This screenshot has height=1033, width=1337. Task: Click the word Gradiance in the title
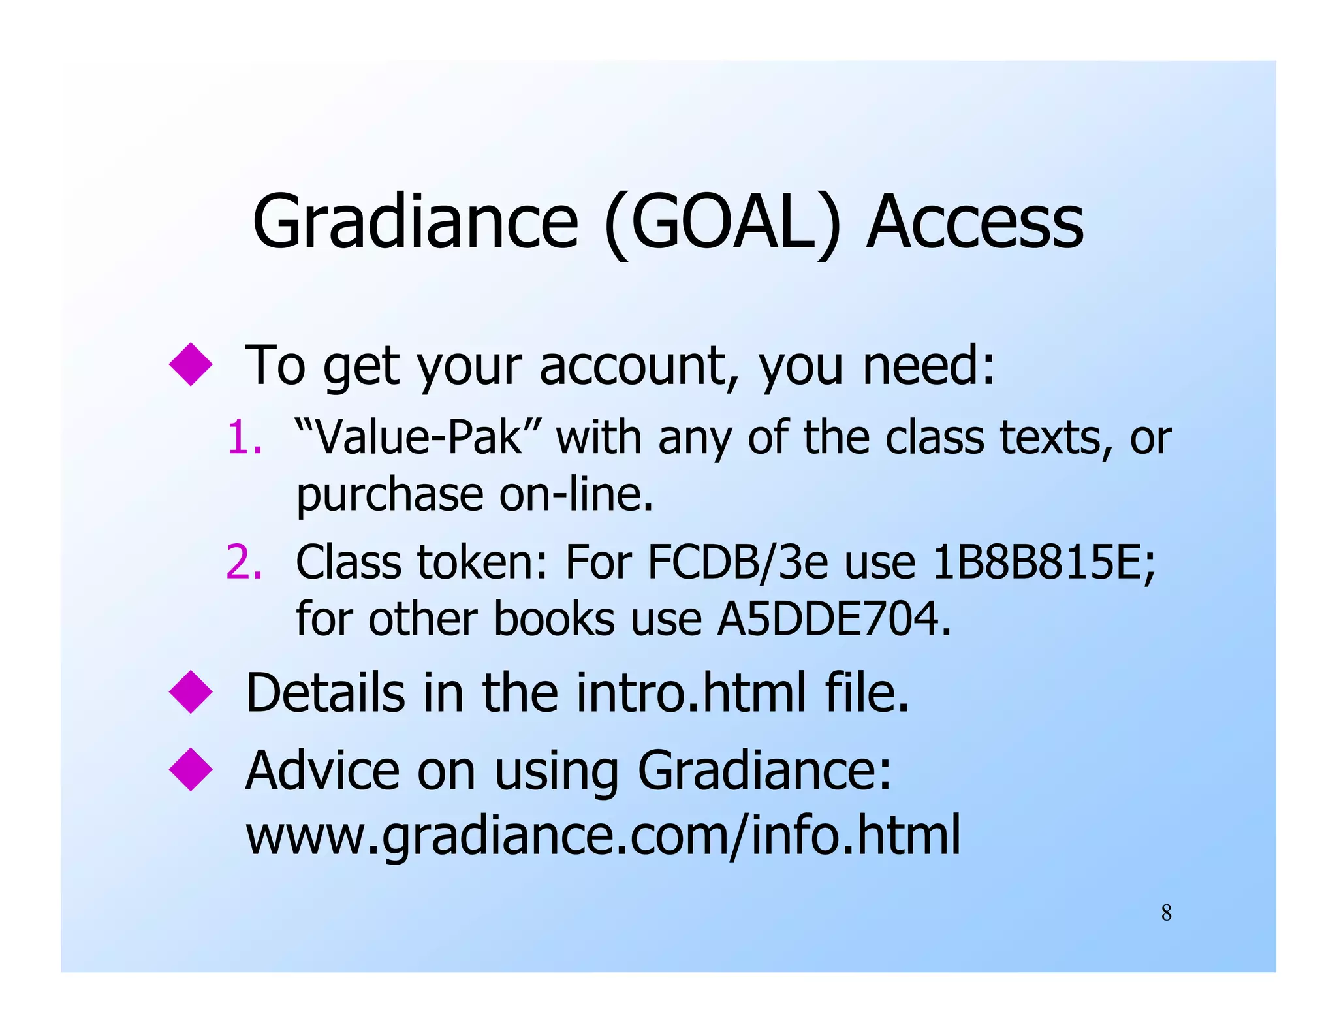(415, 222)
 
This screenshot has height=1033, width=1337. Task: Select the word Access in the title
(975, 222)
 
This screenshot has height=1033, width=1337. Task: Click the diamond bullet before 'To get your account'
(191, 364)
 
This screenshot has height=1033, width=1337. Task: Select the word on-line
(575, 494)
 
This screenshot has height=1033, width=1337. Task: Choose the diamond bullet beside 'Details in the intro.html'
(191, 692)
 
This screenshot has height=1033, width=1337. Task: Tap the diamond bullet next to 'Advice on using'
(191, 770)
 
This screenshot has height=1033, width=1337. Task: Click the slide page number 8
(1167, 913)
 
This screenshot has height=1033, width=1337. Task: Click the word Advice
(322, 771)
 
